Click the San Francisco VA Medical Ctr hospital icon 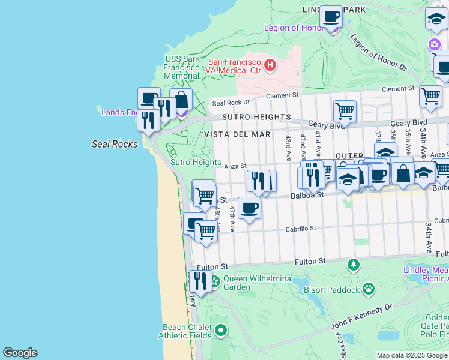pyautogui.click(x=270, y=64)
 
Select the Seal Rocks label pyautogui.click(x=115, y=144)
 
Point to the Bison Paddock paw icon pyautogui.click(x=369, y=290)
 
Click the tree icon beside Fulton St pyautogui.click(x=354, y=264)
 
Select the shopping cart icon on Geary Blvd pyautogui.click(x=345, y=110)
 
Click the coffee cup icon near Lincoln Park pyautogui.click(x=330, y=16)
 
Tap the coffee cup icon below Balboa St pyautogui.click(x=249, y=208)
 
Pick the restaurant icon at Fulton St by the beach pyautogui.click(x=200, y=280)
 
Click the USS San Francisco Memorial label pyautogui.click(x=182, y=67)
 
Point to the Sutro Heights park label pyautogui.click(x=196, y=163)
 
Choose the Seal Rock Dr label pyautogui.click(x=228, y=103)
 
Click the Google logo pyautogui.click(x=20, y=353)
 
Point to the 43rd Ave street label pyautogui.click(x=288, y=147)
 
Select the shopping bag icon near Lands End pyautogui.click(x=181, y=100)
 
